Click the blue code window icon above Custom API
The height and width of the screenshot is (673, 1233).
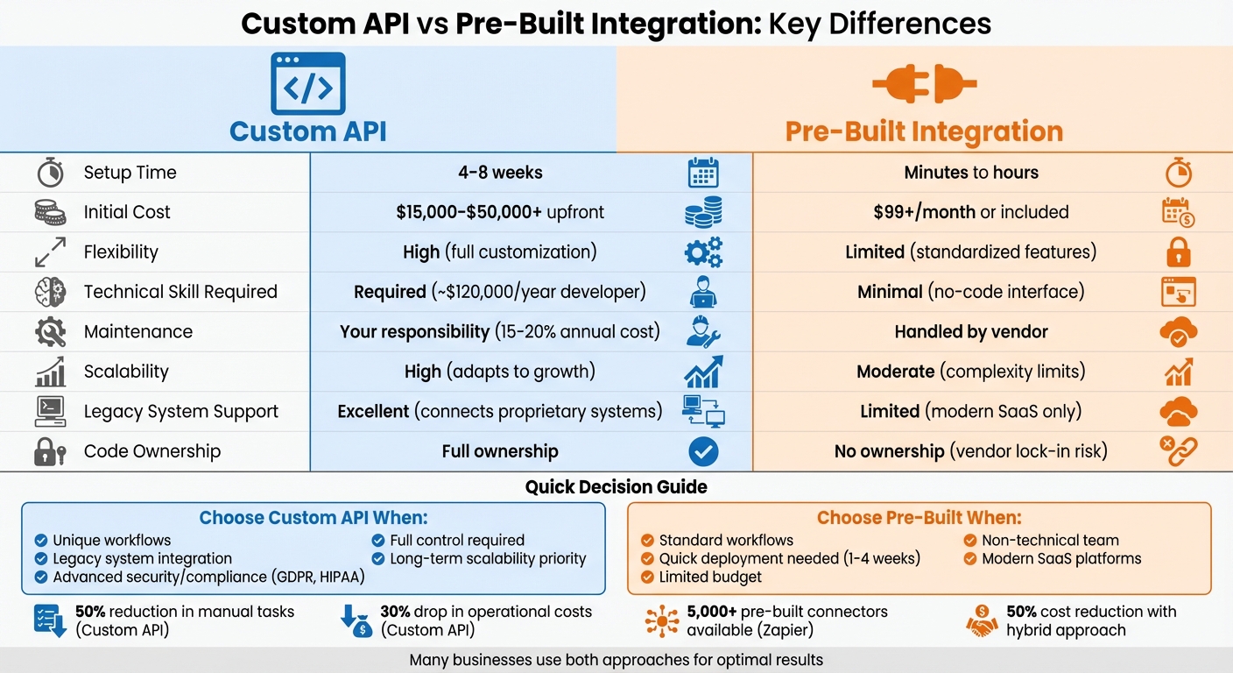tap(308, 83)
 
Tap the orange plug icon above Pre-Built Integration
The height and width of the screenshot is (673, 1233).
tap(924, 84)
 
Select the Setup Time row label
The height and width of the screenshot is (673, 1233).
tap(130, 173)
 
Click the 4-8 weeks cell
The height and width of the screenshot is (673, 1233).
tap(500, 173)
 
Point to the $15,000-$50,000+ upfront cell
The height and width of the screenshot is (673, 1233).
tap(500, 212)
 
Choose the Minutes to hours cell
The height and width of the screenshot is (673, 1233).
tap(971, 173)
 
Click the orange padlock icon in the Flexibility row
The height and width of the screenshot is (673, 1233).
tap(1179, 252)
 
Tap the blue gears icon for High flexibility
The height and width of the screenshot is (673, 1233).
tap(702, 252)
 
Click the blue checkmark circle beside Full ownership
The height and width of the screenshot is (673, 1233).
tap(703, 452)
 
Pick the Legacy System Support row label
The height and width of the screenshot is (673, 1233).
tap(180, 412)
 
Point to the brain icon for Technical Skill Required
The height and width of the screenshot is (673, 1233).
tap(50, 292)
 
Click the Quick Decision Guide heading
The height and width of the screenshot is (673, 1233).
tap(616, 486)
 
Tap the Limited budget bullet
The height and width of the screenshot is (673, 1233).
tap(709, 577)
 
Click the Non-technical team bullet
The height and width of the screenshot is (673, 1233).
tap(1049, 541)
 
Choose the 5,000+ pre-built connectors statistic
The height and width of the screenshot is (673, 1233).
tap(786, 620)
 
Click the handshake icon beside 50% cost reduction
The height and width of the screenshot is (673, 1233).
tap(982, 620)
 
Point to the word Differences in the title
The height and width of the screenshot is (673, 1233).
tap(879, 23)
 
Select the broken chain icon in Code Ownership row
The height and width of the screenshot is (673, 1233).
tap(1178, 452)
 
